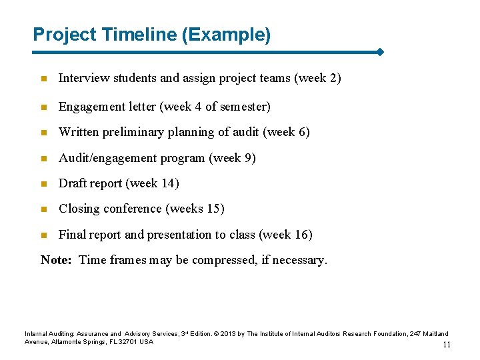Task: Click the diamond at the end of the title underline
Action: coord(379,52)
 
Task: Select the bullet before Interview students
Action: coord(44,79)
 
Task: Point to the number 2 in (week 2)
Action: coord(333,78)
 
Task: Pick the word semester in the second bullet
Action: coord(245,107)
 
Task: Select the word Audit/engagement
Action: coord(108,158)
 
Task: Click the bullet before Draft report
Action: coord(44,184)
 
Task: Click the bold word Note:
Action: coord(56,260)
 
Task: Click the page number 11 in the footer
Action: coord(447,345)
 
